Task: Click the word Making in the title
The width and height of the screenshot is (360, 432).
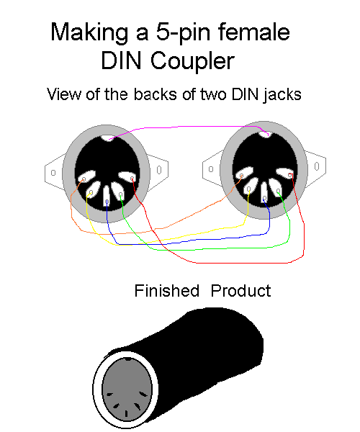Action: tap(89, 32)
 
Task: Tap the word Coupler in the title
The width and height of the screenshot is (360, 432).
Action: tap(192, 61)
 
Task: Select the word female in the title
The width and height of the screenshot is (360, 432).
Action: tap(254, 32)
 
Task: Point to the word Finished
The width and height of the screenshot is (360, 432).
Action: tap(166, 291)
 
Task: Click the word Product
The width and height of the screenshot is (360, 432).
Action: tap(240, 291)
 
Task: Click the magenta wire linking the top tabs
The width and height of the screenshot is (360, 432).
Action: tap(187, 127)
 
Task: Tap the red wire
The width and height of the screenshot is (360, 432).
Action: tap(220, 262)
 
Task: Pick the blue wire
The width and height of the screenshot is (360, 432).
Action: tap(187, 241)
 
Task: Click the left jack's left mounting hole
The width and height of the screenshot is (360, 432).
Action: tap(53, 173)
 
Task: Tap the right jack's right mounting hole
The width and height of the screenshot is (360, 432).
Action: tap(317, 166)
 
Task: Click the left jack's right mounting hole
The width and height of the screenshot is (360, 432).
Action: tap(159, 170)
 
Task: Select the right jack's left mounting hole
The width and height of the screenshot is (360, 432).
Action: tap(211, 169)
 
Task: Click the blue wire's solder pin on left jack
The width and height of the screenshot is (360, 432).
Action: tap(107, 202)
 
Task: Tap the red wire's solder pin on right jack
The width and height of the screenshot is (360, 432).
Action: tap(290, 175)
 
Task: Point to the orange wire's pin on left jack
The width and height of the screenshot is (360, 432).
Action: tap(84, 179)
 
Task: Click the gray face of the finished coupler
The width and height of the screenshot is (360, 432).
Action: tap(127, 390)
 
